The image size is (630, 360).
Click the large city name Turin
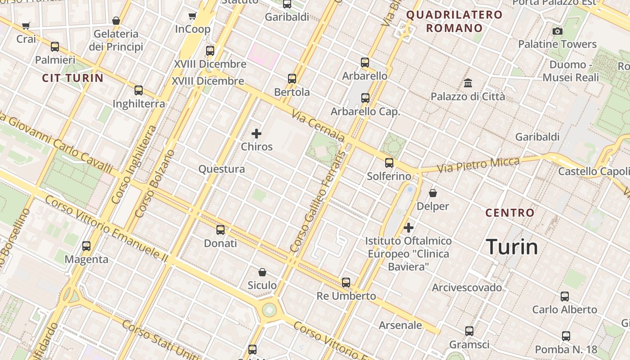tap(512, 247)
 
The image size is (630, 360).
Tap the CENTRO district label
tap(510, 213)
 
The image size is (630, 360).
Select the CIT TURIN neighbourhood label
tap(73, 78)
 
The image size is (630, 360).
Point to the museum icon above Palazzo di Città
tap(468, 83)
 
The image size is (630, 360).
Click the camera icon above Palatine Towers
tap(558, 31)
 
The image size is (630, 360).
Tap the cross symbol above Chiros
tap(256, 134)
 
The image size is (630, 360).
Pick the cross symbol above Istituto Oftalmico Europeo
tap(409, 228)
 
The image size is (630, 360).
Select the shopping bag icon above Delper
tap(433, 193)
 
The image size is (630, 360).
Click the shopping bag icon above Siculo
tap(262, 272)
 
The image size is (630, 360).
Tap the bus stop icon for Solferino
tap(389, 163)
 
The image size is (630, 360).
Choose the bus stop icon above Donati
tap(220, 230)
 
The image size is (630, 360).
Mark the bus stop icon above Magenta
tap(86, 246)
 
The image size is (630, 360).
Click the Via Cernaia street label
tap(318, 126)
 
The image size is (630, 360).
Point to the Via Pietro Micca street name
tap(478, 165)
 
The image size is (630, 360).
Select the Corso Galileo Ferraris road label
tap(318, 201)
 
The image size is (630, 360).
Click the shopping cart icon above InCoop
tap(193, 16)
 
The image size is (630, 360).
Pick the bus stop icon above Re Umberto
tap(346, 283)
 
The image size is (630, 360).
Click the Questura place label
tap(222, 169)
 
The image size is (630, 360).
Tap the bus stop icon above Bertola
tap(292, 79)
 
